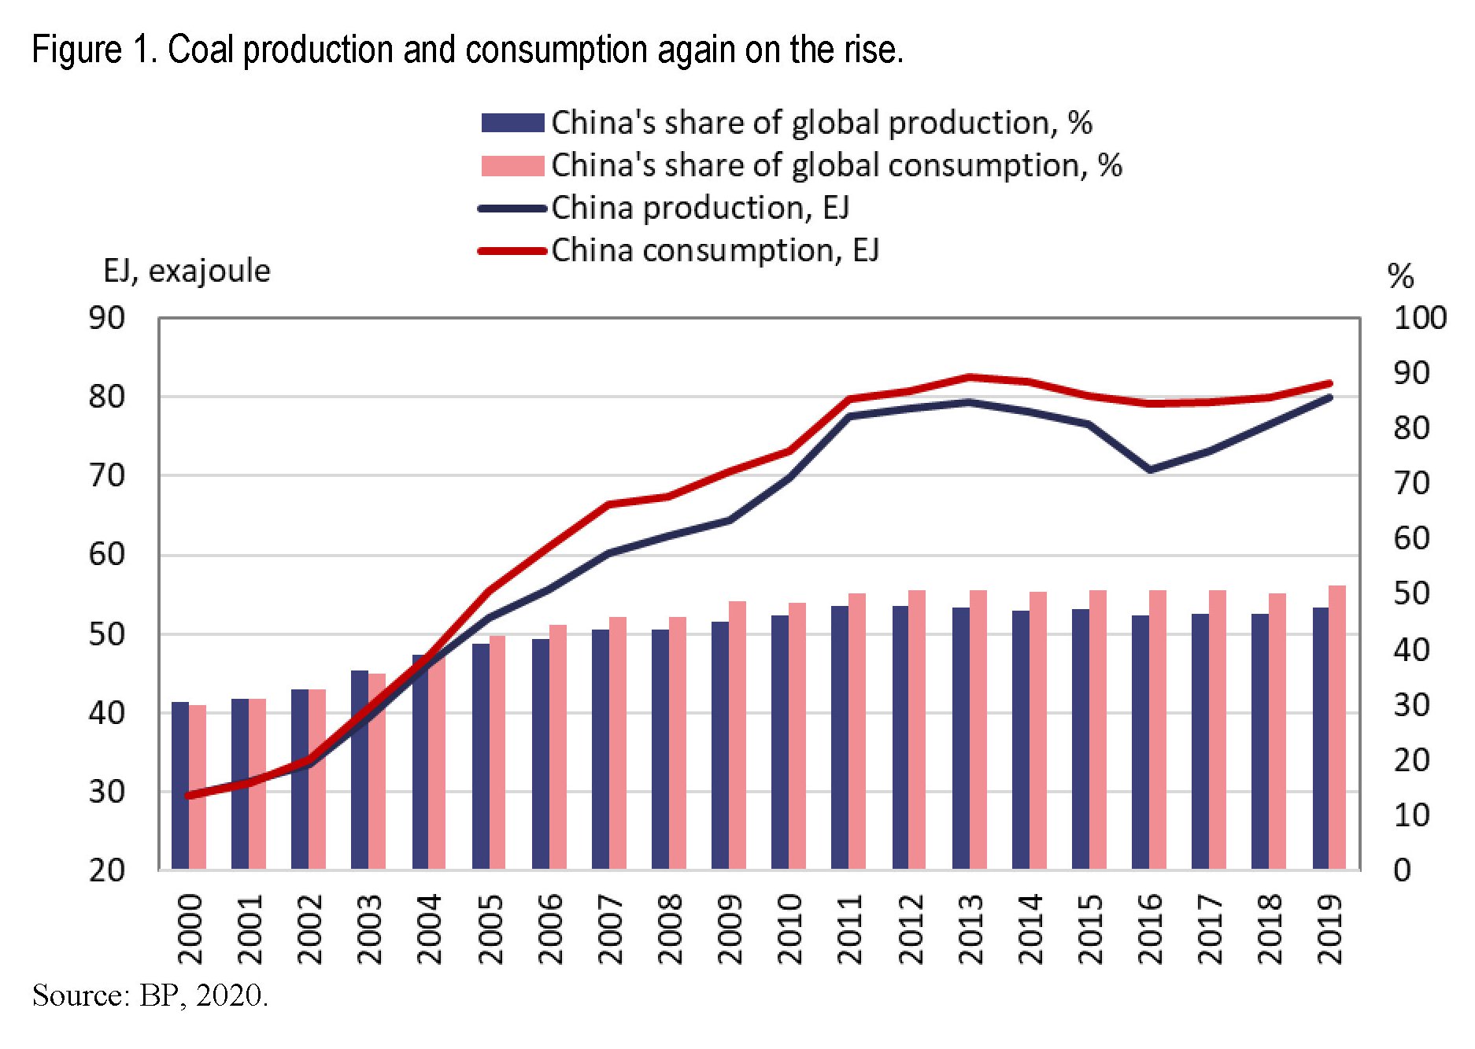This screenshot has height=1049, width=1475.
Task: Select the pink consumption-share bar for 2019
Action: tap(1337, 728)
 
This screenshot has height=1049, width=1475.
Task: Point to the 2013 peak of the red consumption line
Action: tap(970, 377)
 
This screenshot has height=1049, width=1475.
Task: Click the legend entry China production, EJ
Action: tap(700, 209)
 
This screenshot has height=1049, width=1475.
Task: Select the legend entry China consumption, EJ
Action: tap(715, 251)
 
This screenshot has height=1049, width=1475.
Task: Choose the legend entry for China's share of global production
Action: tap(821, 123)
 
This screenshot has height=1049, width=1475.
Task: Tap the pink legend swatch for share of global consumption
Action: tap(512, 166)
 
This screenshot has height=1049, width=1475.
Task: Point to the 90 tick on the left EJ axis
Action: tap(107, 319)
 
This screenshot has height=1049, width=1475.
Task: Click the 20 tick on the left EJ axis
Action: tap(107, 870)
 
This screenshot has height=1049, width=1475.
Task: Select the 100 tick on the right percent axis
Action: tap(1419, 319)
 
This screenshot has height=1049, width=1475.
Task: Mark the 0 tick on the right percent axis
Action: tap(1402, 870)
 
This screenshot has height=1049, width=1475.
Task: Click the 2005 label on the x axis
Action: tap(490, 929)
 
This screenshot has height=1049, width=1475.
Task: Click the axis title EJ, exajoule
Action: tap(187, 271)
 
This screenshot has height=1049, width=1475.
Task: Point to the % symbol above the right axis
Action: tap(1401, 276)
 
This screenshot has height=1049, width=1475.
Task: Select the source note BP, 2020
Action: tap(204, 995)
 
